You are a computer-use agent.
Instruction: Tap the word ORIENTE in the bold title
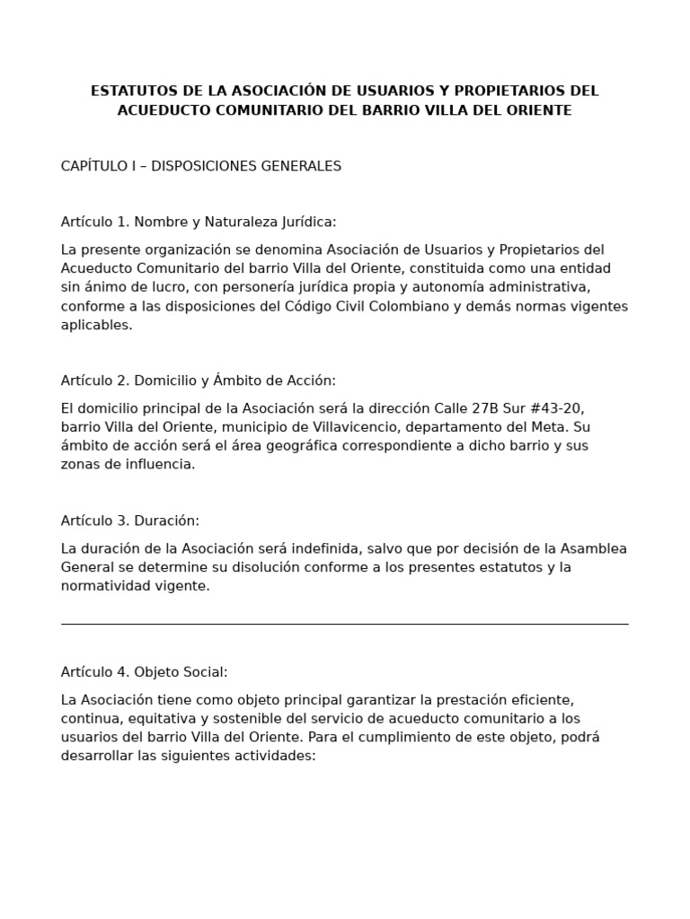(536, 110)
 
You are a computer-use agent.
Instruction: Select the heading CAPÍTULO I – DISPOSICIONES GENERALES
(201, 166)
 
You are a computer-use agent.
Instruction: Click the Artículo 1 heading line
(199, 222)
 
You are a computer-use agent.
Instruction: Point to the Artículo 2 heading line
(199, 381)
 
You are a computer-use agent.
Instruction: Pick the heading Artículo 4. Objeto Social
(145, 671)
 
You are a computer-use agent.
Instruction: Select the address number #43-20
(555, 408)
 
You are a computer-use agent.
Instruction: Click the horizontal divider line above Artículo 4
(345, 624)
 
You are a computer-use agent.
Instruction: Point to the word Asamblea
(594, 548)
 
